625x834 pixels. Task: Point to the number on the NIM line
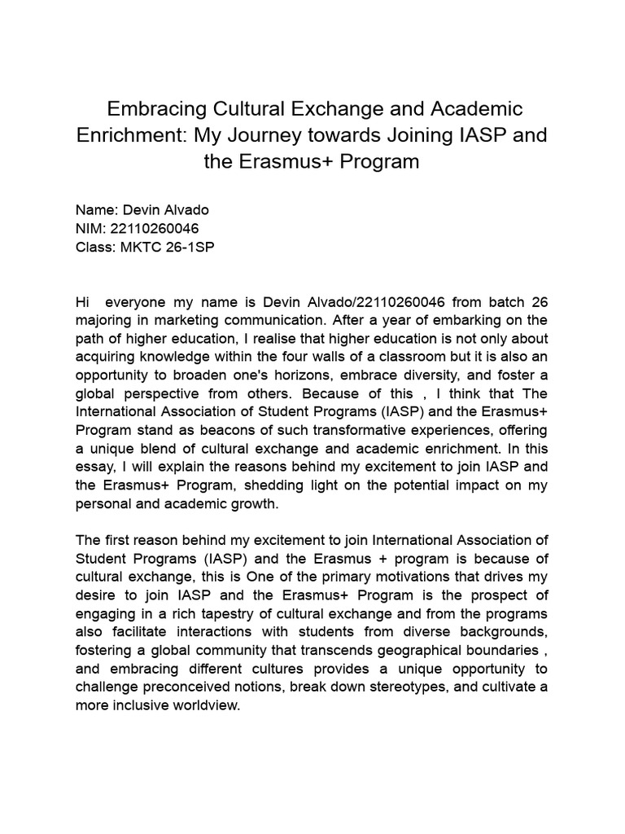153,229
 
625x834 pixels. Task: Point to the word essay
95,467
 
